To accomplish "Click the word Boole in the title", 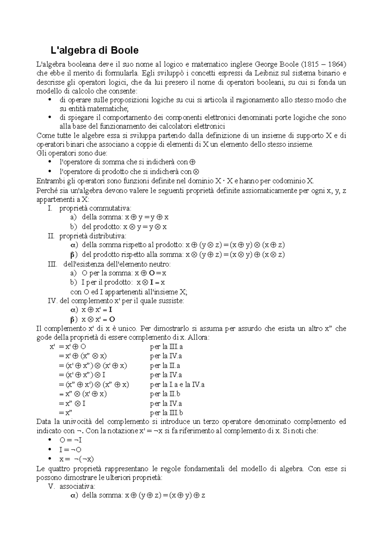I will pos(124,50).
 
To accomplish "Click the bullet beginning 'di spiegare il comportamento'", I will pos(49,117).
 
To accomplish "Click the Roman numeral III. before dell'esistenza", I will pos(53,264).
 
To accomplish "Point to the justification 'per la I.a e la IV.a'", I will pos(177,385).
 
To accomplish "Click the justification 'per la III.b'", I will pos(166,413).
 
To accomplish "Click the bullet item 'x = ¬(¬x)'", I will pos(76,459).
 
